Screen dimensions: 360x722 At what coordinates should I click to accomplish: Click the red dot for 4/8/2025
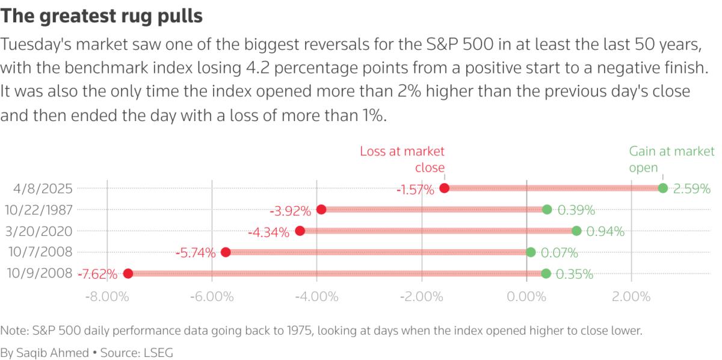click(445, 188)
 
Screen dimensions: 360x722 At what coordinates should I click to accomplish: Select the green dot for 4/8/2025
click(663, 188)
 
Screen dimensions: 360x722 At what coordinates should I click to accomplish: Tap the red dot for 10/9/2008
click(128, 273)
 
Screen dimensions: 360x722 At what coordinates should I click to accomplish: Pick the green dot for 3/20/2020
click(576, 231)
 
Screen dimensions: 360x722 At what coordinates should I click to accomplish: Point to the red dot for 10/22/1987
click(321, 209)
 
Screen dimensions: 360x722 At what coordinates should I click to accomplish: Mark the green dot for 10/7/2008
click(531, 252)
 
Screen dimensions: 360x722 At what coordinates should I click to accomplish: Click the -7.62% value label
click(97, 275)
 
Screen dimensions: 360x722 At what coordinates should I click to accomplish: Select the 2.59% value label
click(692, 189)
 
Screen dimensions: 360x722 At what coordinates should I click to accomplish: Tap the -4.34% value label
click(269, 232)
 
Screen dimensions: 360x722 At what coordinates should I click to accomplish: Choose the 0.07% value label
click(559, 253)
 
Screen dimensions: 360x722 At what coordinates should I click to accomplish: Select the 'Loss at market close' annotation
click(403, 159)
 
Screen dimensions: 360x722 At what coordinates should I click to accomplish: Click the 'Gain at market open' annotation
click(671, 159)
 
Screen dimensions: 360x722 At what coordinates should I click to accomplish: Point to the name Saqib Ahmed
click(52, 351)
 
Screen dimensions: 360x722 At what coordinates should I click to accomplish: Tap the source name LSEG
click(158, 351)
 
